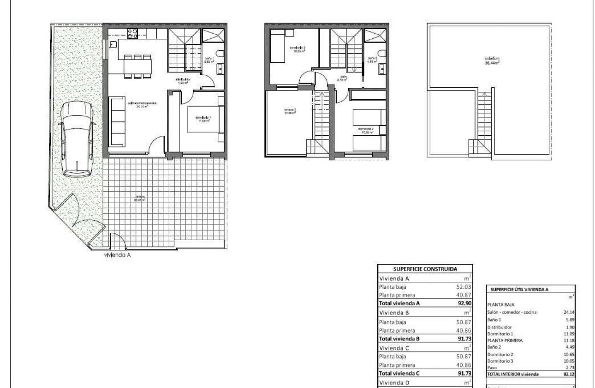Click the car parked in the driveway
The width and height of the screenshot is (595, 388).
[x=78, y=139]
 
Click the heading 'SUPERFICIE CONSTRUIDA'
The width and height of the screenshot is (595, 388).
[x=425, y=268]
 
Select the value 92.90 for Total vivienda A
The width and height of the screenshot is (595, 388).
[x=463, y=303]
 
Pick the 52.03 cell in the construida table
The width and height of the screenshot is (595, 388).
[x=463, y=287]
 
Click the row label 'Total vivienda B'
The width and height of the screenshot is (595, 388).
[x=399, y=339]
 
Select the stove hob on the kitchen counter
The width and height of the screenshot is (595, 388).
[x=132, y=33]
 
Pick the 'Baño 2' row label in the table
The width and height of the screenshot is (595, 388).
[x=494, y=347]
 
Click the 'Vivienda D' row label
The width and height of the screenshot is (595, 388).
[x=394, y=382]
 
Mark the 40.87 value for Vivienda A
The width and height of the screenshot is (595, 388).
[x=463, y=295]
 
